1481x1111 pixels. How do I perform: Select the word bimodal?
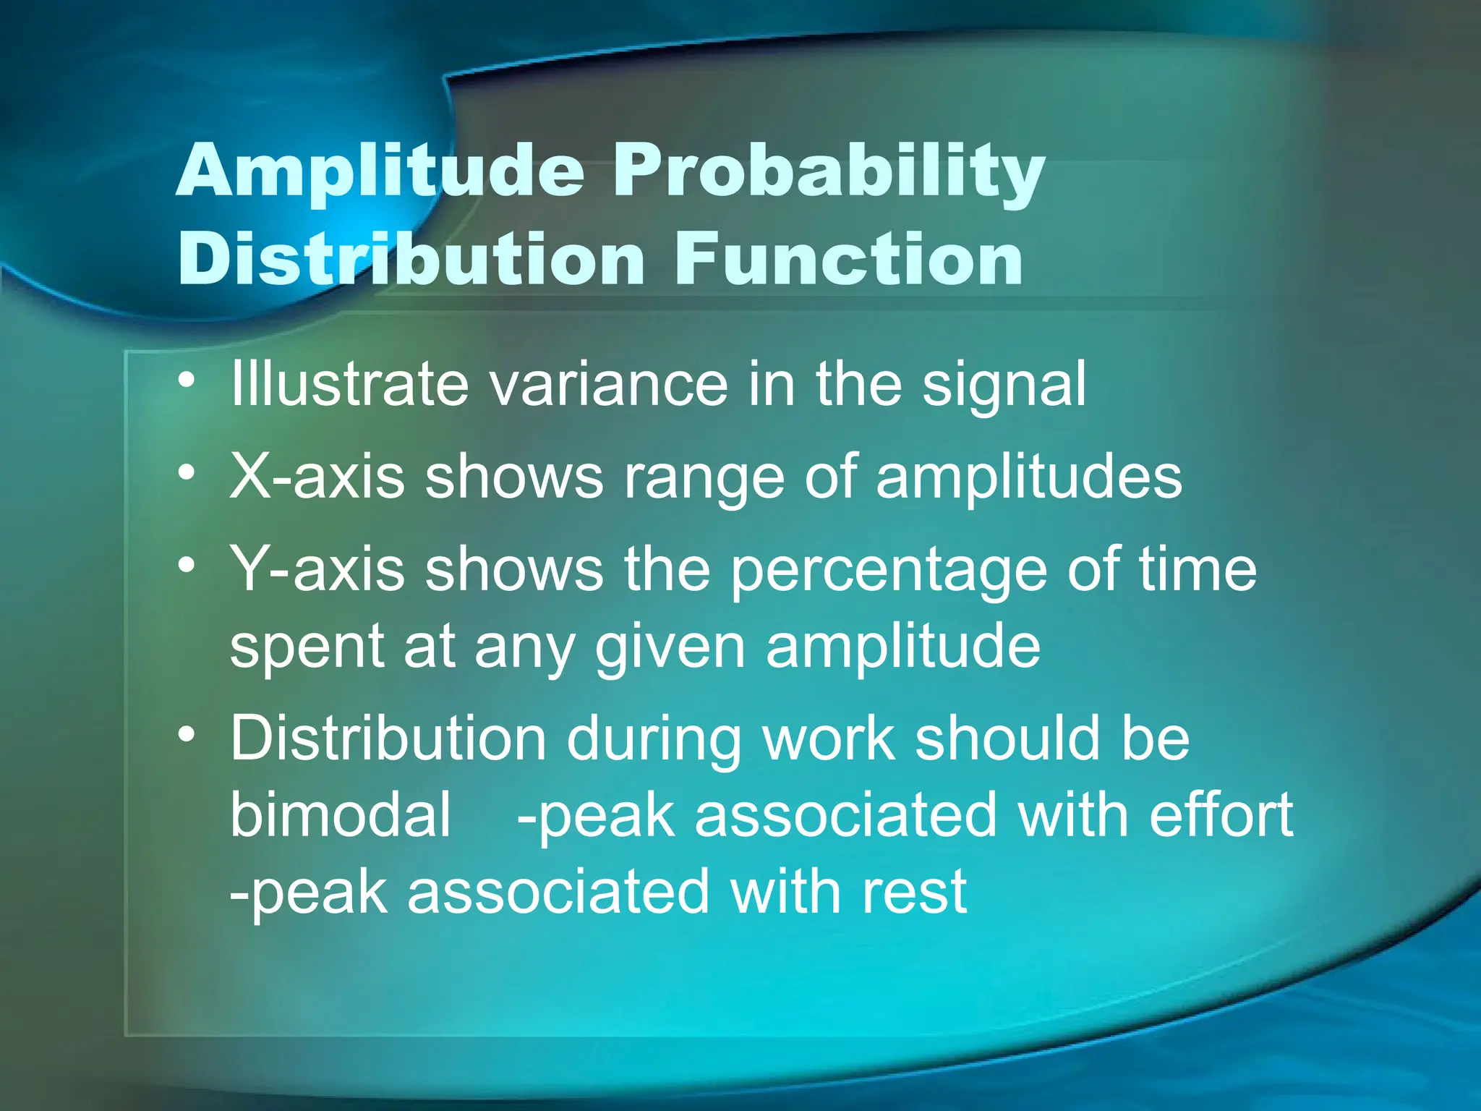point(341,814)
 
